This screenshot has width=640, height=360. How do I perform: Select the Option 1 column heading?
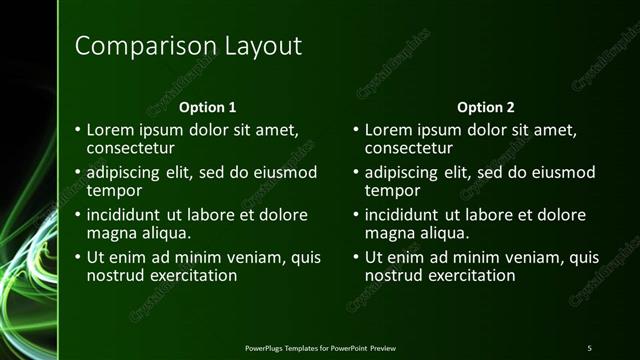click(207, 107)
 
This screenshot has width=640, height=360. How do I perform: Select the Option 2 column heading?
click(485, 107)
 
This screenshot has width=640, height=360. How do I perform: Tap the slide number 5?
click(589, 347)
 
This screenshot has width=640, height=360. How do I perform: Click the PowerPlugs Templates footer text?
click(320, 347)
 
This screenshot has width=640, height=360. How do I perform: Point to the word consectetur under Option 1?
click(132, 148)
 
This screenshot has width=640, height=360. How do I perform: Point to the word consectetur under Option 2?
click(410, 148)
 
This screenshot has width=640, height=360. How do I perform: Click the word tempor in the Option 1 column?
click(114, 190)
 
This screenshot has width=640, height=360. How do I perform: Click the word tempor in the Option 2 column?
click(392, 190)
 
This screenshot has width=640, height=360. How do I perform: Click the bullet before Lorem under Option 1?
click(78, 131)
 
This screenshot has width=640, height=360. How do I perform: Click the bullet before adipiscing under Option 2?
click(356, 173)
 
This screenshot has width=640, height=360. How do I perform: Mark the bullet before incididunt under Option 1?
click(78, 216)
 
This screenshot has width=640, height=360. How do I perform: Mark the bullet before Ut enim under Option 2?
click(356, 258)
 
